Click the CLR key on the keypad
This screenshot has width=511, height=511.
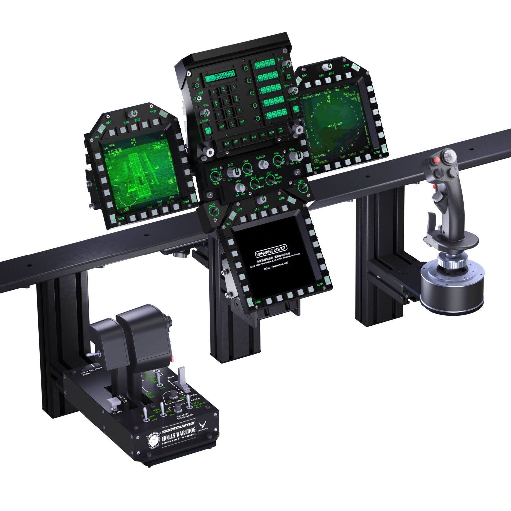click(x=222, y=126)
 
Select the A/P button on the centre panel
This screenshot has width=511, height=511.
click(x=227, y=144)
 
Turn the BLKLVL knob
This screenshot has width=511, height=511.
click(x=263, y=164)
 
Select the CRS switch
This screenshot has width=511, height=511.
click(x=301, y=188)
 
